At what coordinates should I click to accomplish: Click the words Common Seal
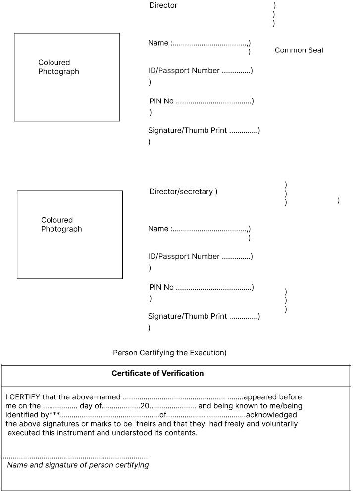click(x=299, y=50)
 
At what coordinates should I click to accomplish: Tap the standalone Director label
click(x=163, y=5)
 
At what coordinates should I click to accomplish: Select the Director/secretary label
click(x=181, y=191)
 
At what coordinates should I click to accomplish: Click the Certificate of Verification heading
click(x=157, y=373)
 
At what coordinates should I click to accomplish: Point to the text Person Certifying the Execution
click(x=169, y=353)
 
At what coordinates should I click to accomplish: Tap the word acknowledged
click(x=271, y=415)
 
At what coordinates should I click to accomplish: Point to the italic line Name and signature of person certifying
click(x=78, y=465)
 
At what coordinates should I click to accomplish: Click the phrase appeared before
click(x=272, y=397)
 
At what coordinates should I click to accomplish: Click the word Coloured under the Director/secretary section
click(x=57, y=220)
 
